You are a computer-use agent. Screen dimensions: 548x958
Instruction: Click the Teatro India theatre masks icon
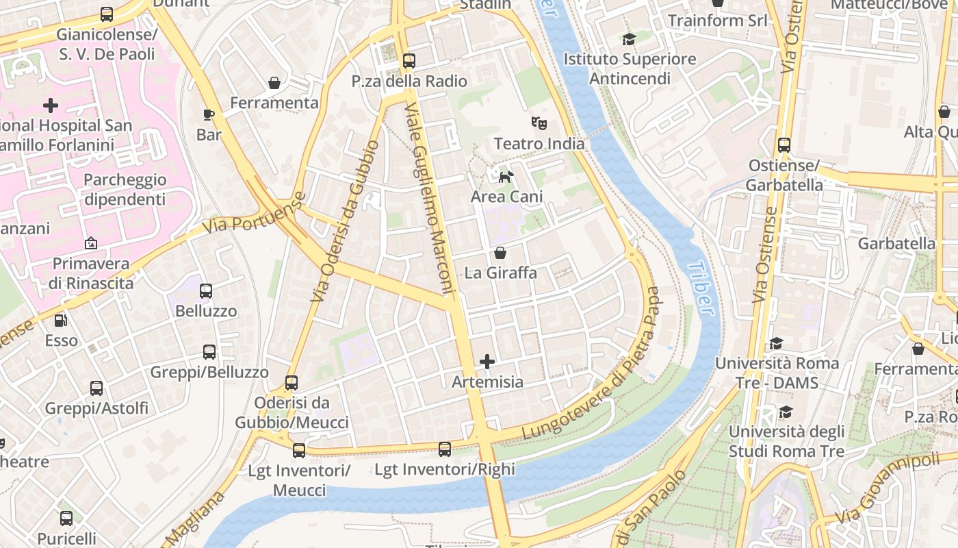click(539, 123)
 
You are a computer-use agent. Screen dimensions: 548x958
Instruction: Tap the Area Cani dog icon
click(506, 177)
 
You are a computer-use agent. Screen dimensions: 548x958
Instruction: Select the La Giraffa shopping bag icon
click(500, 253)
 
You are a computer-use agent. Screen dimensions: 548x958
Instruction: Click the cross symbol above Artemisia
click(487, 361)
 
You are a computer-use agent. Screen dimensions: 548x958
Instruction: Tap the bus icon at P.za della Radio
click(409, 61)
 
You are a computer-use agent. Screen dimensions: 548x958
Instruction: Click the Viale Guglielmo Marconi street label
click(430, 199)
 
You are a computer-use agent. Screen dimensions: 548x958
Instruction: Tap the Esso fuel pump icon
click(61, 320)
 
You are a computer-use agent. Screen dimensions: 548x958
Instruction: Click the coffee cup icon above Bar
click(209, 114)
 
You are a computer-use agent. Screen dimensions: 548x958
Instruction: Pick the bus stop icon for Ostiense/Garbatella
click(784, 145)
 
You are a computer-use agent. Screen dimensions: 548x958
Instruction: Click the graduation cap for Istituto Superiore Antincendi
click(629, 39)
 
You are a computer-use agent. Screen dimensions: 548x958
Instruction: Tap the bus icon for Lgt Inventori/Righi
click(445, 449)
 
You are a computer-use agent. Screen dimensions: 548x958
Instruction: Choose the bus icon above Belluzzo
click(206, 290)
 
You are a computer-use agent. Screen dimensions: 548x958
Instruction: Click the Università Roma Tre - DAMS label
click(777, 373)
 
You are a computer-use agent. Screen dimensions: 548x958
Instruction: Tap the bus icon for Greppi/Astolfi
click(96, 388)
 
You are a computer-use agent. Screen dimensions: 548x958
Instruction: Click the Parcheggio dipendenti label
click(125, 190)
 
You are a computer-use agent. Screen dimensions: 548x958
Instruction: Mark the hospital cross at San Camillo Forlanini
click(51, 105)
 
